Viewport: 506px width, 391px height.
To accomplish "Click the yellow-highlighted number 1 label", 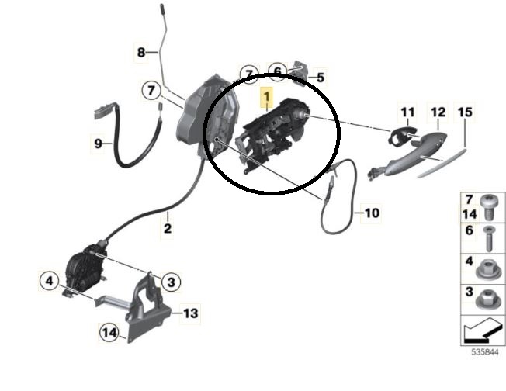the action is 266,97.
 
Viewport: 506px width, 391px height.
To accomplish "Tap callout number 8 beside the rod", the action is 141,52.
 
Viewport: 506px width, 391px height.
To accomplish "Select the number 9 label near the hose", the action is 98,144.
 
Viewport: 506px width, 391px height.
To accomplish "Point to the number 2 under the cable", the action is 168,228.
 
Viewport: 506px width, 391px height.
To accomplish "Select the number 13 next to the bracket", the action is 190,313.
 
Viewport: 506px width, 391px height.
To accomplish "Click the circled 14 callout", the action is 109,332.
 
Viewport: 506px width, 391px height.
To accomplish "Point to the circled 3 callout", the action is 171,282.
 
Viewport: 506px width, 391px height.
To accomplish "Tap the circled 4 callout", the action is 49,281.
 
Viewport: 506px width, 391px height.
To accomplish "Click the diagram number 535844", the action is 485,352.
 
